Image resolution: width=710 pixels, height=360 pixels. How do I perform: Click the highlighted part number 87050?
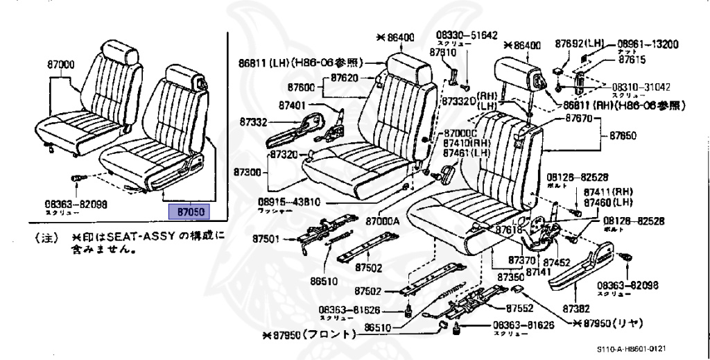(189, 211)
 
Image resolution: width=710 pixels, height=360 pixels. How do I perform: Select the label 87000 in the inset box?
(61, 65)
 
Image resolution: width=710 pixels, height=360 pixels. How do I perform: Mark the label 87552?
(519, 307)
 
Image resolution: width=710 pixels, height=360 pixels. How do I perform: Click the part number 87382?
(576, 309)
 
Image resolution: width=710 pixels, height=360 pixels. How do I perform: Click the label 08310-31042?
(641, 87)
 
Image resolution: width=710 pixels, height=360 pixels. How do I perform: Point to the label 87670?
(573, 119)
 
